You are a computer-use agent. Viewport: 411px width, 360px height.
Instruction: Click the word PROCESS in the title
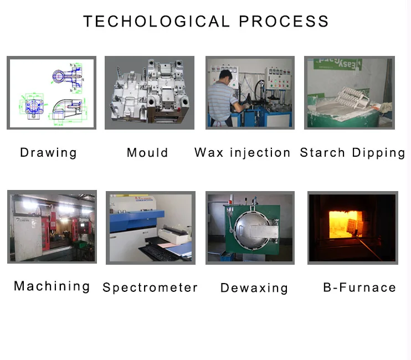[x=284, y=22]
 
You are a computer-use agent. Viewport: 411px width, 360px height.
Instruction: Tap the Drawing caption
[x=48, y=152]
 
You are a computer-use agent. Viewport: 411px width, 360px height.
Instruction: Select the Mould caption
[x=147, y=152]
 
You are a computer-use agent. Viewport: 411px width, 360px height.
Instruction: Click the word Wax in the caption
[x=209, y=152]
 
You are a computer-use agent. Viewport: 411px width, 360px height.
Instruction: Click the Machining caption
[x=52, y=286]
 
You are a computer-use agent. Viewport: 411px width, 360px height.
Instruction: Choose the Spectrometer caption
[x=150, y=287]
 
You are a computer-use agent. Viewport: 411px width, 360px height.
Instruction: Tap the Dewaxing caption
[x=254, y=288]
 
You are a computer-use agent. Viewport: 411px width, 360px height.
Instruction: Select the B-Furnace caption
[x=359, y=287]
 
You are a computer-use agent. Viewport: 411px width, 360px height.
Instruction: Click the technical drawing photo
[x=52, y=93]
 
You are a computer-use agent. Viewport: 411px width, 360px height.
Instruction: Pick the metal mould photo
[x=150, y=92]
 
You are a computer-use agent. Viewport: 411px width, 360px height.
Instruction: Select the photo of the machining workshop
[x=52, y=227]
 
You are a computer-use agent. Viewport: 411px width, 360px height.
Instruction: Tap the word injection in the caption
[x=259, y=152]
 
